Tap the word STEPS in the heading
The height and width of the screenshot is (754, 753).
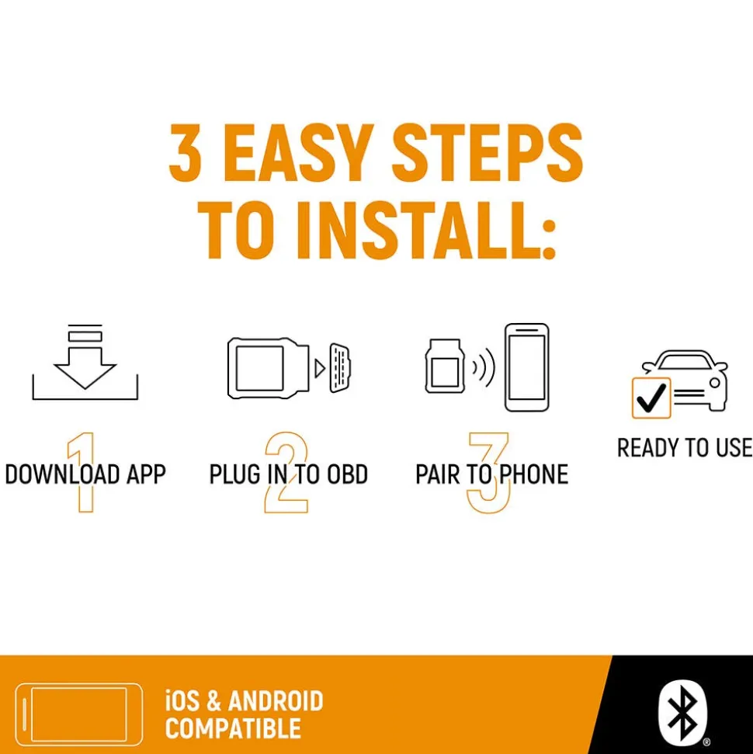[x=488, y=152]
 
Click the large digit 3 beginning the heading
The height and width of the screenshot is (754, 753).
[x=185, y=152]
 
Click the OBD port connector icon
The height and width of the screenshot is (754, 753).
[x=340, y=367]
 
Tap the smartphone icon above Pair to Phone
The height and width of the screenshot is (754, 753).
[x=527, y=367]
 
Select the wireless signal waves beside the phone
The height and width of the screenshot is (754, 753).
[x=483, y=368]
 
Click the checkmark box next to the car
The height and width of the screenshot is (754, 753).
[x=651, y=398]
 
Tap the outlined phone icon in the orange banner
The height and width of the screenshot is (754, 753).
[x=79, y=714]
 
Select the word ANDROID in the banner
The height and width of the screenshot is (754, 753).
[x=276, y=701]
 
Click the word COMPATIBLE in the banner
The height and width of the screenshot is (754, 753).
[x=233, y=728]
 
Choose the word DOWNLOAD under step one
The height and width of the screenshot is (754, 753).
[x=62, y=474]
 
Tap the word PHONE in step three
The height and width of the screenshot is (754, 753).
[x=534, y=474]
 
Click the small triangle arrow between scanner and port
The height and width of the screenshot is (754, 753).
[x=320, y=368]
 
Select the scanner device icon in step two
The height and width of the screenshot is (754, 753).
[x=268, y=368]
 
